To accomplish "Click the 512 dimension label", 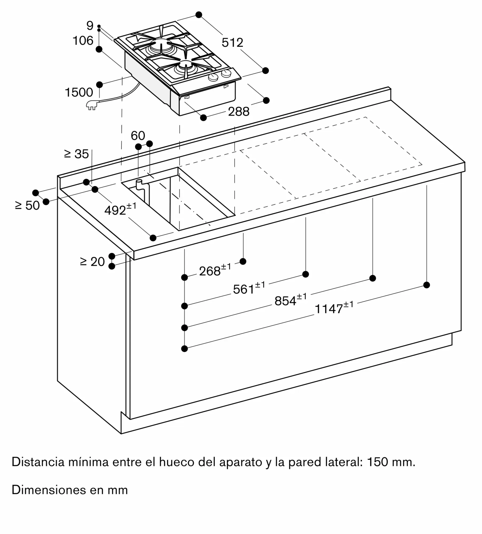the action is pyautogui.click(x=232, y=43).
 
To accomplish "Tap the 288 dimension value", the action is pyautogui.click(x=239, y=112).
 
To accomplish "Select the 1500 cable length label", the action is pyautogui.click(x=79, y=92).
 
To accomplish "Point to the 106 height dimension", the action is pyautogui.click(x=83, y=41).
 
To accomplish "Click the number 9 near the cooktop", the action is pyautogui.click(x=90, y=26).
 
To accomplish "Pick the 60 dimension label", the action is pyautogui.click(x=138, y=136).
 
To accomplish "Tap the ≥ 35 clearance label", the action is pyautogui.click(x=76, y=154).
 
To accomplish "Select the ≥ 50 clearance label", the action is pyautogui.click(x=28, y=205).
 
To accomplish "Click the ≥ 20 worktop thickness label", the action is pyautogui.click(x=92, y=262).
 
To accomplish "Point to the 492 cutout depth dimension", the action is pyautogui.click(x=120, y=209).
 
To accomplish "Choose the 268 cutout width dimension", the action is pyautogui.click(x=215, y=270).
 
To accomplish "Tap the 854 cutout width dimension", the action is pyautogui.click(x=291, y=300).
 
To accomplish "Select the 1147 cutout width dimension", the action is pyautogui.click(x=334, y=308).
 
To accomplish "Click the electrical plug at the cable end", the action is pyautogui.click(x=92, y=105).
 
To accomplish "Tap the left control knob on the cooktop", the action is pyautogui.click(x=213, y=77).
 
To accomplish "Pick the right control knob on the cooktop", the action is pyautogui.click(x=226, y=73).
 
